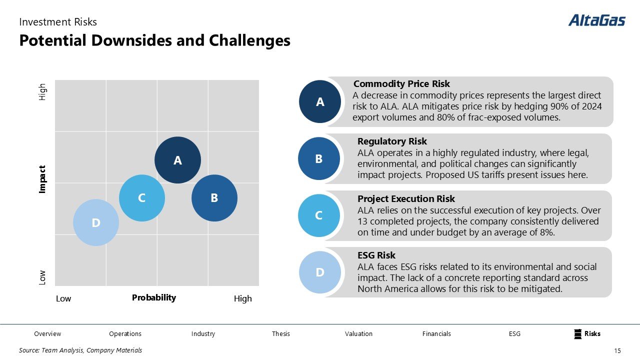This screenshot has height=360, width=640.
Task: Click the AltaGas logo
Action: coord(596,20)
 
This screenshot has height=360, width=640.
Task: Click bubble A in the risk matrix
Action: coord(177,160)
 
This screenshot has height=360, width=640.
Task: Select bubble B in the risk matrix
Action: coord(214,197)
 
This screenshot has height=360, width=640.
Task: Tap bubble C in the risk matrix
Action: coord(142,197)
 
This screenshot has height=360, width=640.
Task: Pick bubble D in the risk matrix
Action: coord(96,222)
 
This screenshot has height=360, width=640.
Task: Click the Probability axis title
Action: coord(154,297)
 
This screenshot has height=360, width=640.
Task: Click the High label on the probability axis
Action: coord(243,298)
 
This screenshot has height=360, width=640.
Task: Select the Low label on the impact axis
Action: coord(42,277)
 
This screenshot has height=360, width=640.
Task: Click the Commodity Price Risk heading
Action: coord(401,83)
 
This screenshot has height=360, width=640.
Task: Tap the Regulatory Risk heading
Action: coord(392,141)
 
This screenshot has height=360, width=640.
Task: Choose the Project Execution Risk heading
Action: coord(406,198)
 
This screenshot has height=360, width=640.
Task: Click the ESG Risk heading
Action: coord(376,255)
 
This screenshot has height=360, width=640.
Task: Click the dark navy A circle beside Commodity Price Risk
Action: coord(320,101)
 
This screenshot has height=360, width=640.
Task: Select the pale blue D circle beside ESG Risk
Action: coord(320,272)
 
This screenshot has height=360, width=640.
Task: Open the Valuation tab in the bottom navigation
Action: coord(358,333)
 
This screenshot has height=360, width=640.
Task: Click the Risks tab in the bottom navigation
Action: coord(592,333)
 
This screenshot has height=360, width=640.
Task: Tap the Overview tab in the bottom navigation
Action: coord(47,333)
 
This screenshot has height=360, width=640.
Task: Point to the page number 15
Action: coord(617,350)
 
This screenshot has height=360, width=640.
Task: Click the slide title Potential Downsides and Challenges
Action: coord(154,40)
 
